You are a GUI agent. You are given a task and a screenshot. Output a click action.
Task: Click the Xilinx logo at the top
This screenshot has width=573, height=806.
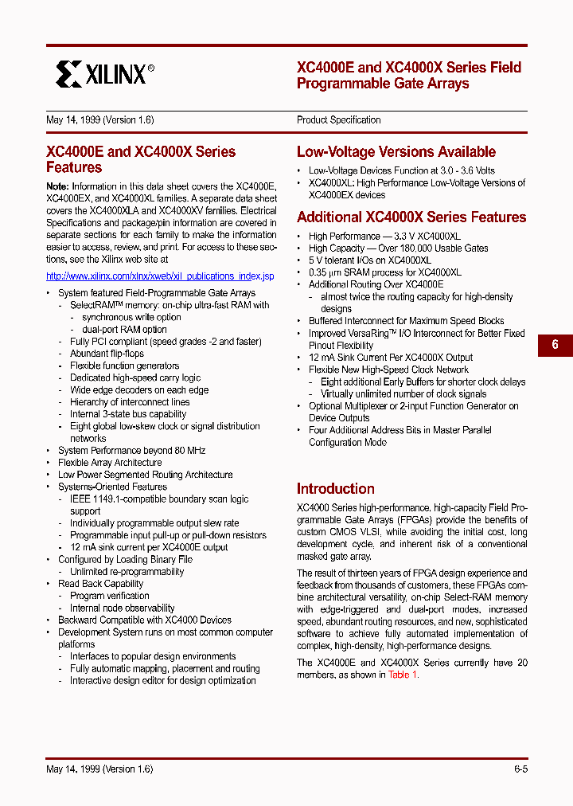(104, 74)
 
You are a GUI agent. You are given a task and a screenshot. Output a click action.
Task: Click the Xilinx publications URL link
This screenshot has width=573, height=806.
(160, 276)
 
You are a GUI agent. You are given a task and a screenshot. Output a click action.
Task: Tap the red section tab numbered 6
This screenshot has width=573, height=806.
(555, 345)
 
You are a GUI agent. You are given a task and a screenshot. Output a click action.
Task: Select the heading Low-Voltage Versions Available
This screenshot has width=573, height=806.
(396, 152)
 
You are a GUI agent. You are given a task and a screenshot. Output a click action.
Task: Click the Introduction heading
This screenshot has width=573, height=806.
(335, 489)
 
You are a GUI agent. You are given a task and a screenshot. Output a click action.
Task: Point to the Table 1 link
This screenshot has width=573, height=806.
(403, 675)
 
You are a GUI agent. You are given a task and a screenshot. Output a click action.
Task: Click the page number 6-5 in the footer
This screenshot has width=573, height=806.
(520, 769)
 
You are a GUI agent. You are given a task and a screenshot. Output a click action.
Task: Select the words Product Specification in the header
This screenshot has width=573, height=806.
(338, 120)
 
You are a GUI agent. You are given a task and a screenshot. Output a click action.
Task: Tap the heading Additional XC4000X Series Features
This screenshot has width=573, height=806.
(411, 217)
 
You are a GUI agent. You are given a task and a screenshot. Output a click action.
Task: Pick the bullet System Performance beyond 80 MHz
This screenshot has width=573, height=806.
(131, 451)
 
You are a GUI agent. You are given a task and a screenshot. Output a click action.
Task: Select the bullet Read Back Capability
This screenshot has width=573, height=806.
(100, 584)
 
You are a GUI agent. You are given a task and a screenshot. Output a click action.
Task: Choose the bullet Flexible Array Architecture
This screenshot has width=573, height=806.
(110, 463)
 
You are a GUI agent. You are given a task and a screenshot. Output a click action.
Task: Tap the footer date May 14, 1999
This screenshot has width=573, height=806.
(99, 769)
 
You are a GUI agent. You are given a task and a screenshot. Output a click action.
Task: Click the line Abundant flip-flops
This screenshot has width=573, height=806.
(107, 354)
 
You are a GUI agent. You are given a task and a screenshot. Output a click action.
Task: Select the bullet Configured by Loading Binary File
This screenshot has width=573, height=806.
(125, 560)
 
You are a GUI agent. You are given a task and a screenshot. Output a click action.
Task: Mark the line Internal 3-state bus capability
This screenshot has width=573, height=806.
(127, 414)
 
